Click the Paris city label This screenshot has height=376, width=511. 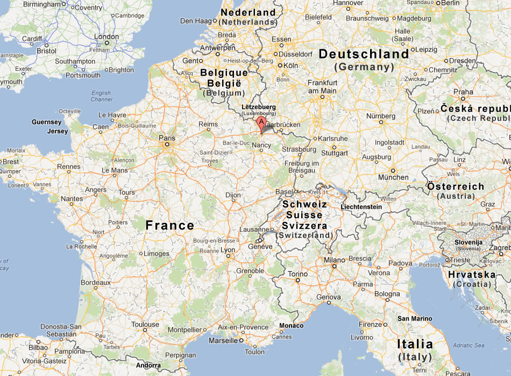point(167,138)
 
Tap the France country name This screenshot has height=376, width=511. point(169,226)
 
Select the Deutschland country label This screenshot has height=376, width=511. point(364,54)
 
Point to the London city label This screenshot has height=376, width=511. point(106,37)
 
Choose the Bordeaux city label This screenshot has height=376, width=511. point(95,283)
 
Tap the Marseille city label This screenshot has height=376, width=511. point(223,341)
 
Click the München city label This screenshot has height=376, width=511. point(393,177)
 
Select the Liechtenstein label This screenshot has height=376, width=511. point(361,207)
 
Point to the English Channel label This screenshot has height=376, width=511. point(101,96)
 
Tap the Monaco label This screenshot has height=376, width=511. point(291,326)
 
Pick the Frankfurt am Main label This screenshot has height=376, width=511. point(322,86)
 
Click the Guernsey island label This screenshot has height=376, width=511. point(47,122)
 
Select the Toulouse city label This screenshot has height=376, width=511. point(145,324)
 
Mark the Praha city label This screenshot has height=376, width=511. point(463,92)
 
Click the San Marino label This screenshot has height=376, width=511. point(414,319)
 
